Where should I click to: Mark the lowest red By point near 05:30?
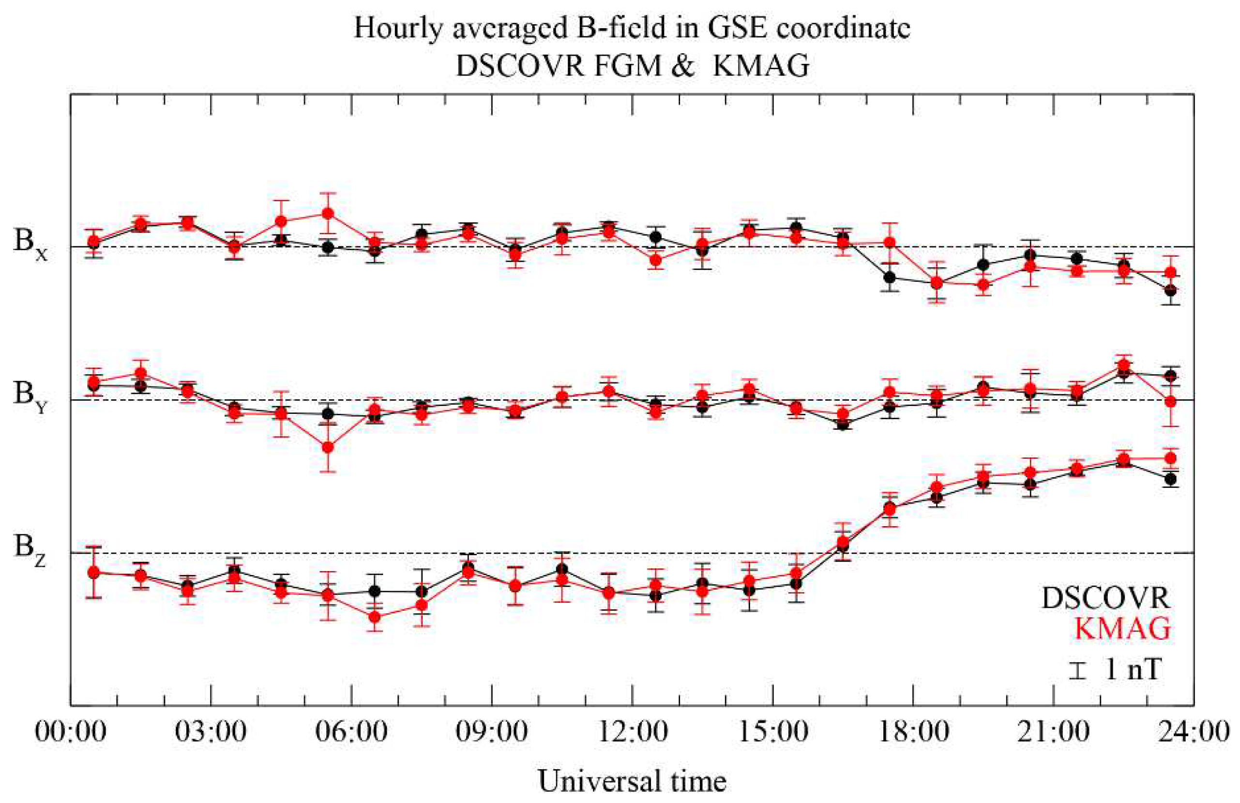[x=328, y=447]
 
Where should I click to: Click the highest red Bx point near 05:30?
[x=328, y=213]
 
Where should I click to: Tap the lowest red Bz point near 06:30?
[x=375, y=617]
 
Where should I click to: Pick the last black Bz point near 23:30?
[x=1170, y=478]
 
